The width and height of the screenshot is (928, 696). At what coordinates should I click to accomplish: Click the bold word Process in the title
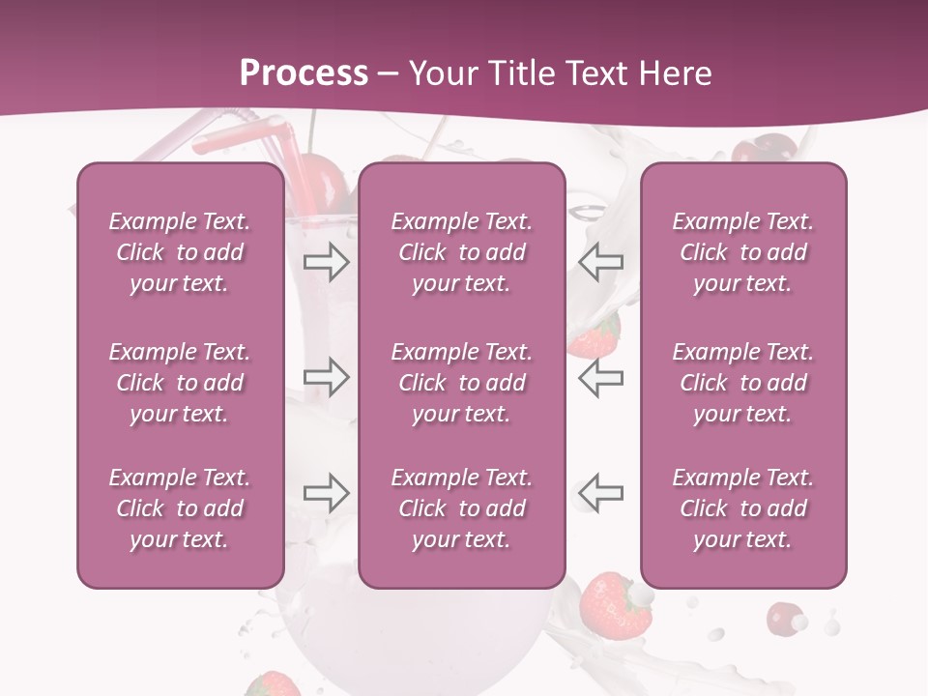[304, 72]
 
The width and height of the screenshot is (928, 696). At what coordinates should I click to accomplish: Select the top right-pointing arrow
[326, 261]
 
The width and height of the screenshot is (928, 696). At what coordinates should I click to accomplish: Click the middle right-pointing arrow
[326, 377]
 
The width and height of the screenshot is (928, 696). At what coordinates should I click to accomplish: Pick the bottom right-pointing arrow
[326, 493]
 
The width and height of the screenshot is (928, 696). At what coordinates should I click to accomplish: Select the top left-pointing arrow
[600, 261]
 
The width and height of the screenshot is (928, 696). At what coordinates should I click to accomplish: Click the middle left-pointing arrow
[600, 377]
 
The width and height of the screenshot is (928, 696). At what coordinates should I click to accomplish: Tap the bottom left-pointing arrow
[600, 493]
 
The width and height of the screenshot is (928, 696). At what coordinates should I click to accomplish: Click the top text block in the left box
[180, 252]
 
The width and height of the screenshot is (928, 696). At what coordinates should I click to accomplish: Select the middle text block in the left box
[180, 383]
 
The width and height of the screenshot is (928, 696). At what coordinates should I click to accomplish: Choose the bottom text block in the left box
[180, 508]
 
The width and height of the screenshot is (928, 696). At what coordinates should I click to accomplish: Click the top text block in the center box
[461, 252]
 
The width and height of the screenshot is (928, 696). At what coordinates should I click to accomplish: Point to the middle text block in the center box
[461, 383]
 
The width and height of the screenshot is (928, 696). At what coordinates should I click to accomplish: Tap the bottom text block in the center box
[461, 508]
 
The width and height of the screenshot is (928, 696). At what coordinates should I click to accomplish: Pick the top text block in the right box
[742, 252]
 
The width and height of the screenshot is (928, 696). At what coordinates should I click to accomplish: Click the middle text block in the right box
[742, 383]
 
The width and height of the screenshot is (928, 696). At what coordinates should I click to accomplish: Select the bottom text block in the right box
[742, 508]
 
